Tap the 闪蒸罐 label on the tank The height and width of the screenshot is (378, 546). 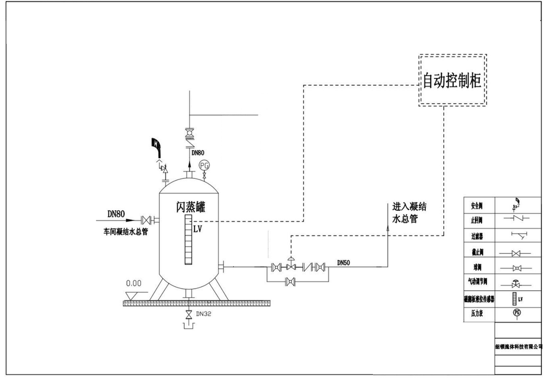pyautogui.click(x=190, y=207)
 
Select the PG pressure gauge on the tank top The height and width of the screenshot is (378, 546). pyautogui.click(x=203, y=166)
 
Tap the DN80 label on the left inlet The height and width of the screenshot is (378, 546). pyautogui.click(x=116, y=214)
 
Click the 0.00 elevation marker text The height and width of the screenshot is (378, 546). pyautogui.click(x=133, y=283)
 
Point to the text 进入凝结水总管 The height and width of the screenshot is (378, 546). pyautogui.click(x=408, y=213)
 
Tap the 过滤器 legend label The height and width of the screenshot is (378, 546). pyautogui.click(x=478, y=235)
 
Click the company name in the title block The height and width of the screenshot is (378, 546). pyautogui.click(x=519, y=347)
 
